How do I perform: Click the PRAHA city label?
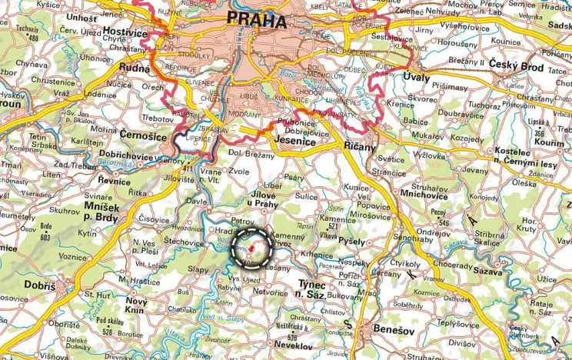coord(256,20)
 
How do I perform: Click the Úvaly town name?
coord(416,78)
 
